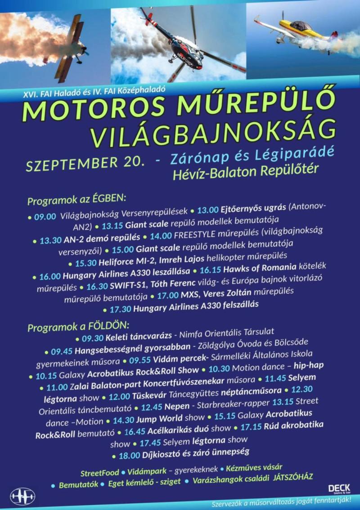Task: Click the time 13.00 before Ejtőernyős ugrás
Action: (207, 209)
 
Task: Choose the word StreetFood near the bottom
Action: (99, 473)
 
